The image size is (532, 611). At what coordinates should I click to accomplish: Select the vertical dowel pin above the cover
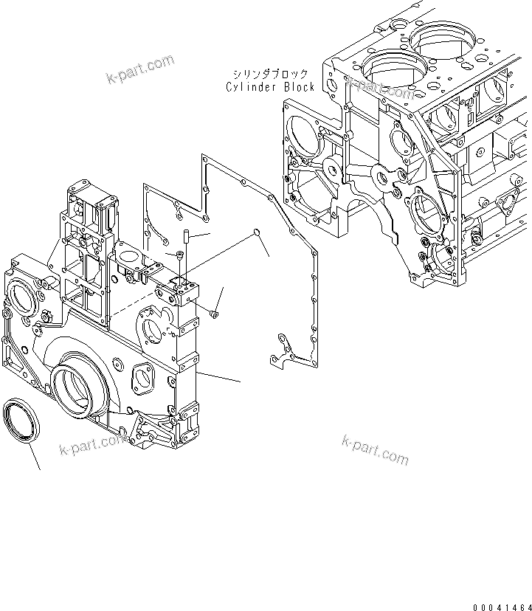[x=187, y=238]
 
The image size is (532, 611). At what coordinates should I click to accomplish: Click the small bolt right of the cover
[x=213, y=314]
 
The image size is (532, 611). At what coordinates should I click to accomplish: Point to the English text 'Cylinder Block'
[x=270, y=86]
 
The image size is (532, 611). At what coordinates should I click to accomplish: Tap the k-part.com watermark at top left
[x=140, y=69]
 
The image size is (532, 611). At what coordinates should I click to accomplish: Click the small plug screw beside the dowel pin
[x=179, y=255]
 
